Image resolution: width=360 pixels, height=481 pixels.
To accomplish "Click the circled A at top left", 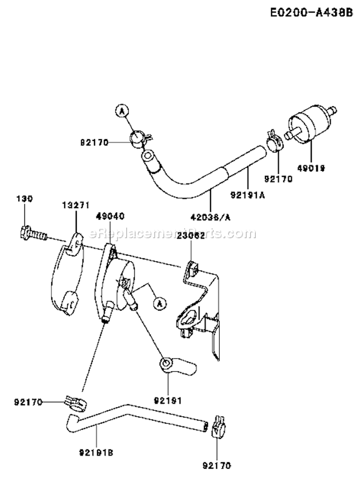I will (x=122, y=111).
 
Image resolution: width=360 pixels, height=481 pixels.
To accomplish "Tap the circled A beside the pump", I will (x=159, y=302).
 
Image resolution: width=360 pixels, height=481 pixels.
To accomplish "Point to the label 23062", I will (x=191, y=235).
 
